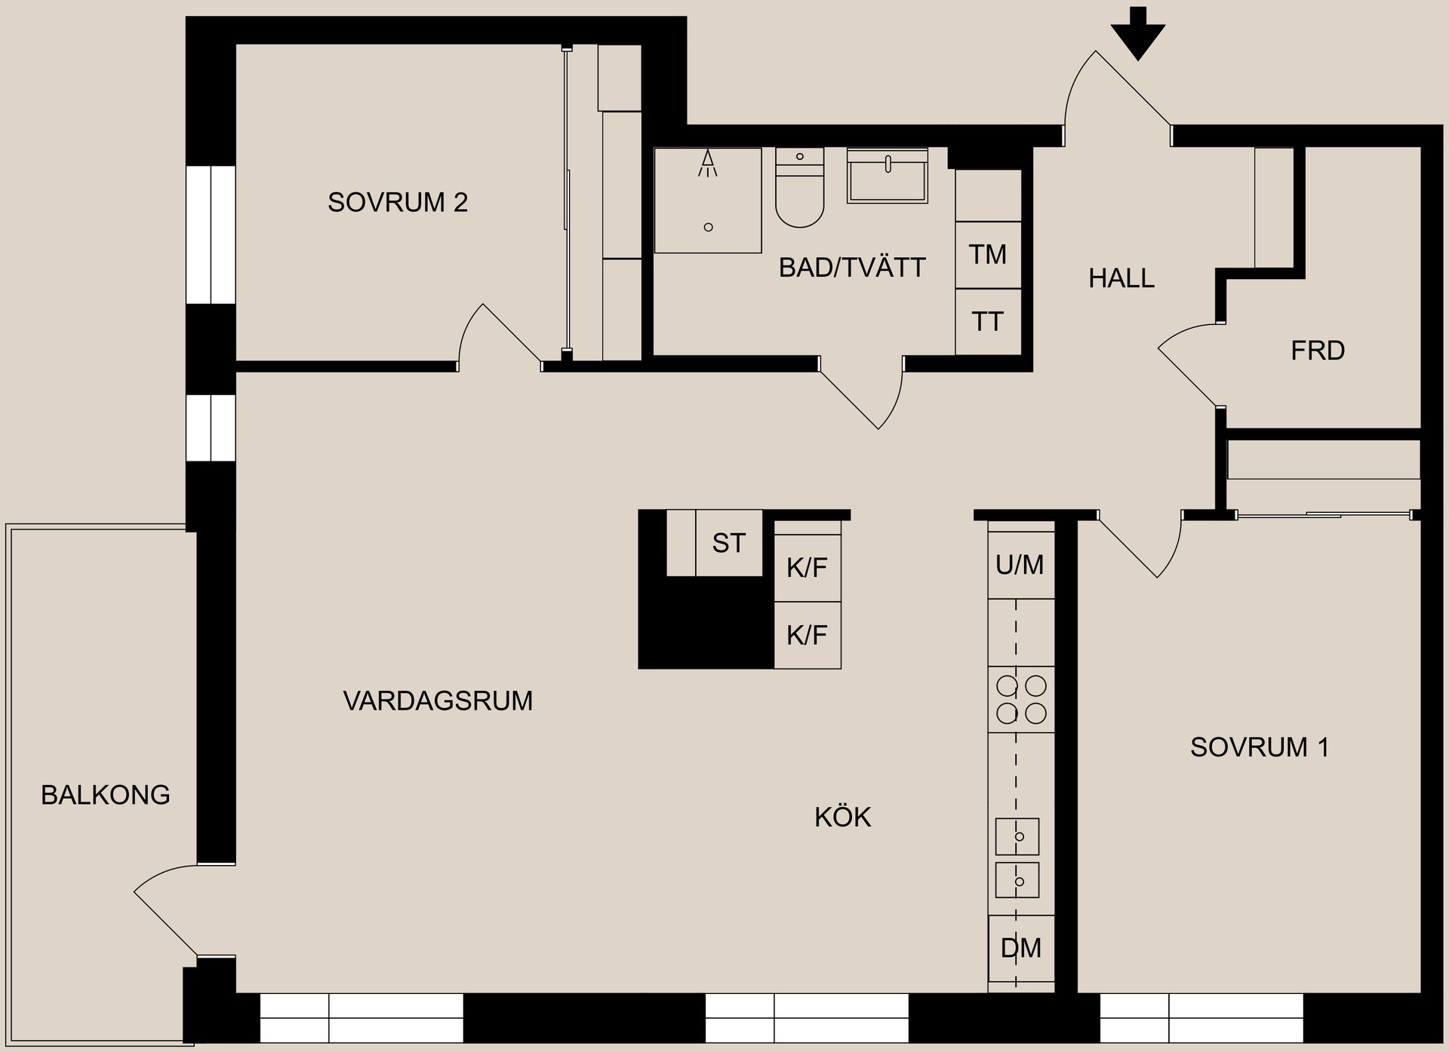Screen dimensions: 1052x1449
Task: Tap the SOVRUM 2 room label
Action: (397, 202)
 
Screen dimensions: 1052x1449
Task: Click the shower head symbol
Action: (707, 164)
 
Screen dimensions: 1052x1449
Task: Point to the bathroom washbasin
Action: (887, 177)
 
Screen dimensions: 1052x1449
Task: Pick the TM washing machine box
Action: (988, 255)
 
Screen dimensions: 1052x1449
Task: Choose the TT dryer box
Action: (988, 322)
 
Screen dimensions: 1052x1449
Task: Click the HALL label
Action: (1121, 278)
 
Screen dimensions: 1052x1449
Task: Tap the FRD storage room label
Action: (1318, 351)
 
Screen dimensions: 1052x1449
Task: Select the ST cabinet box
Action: (728, 543)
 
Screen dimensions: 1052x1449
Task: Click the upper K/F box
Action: (807, 568)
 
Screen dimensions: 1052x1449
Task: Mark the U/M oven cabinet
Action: (1020, 564)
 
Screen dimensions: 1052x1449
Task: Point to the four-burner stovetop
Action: (1021, 699)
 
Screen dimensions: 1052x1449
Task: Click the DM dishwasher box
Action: (1021, 948)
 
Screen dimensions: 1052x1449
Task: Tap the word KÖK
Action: (842, 817)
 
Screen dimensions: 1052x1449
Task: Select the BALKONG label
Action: (106, 795)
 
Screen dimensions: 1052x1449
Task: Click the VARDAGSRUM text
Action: (438, 701)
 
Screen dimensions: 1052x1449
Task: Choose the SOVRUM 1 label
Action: (1259, 747)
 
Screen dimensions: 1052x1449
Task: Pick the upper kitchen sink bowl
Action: (1017, 836)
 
